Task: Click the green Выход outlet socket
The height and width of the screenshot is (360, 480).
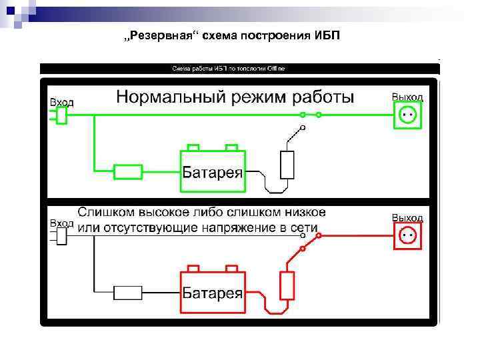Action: (x=407, y=115)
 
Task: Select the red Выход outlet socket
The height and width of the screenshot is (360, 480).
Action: (x=407, y=235)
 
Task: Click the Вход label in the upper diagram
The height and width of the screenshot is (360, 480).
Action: (x=62, y=102)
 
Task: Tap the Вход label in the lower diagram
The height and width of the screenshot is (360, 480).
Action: (x=62, y=223)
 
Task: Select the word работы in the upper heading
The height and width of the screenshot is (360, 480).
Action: (x=324, y=97)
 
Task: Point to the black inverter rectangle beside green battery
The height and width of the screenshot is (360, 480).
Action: (x=287, y=165)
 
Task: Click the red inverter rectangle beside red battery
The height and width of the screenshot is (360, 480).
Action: (x=287, y=285)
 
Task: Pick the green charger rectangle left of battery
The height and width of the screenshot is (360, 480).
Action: (x=128, y=172)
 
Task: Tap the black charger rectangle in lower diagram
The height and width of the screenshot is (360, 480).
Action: (x=128, y=292)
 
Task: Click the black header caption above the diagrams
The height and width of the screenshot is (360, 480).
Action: (x=229, y=69)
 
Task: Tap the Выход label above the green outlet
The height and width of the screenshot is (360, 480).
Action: (x=407, y=97)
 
